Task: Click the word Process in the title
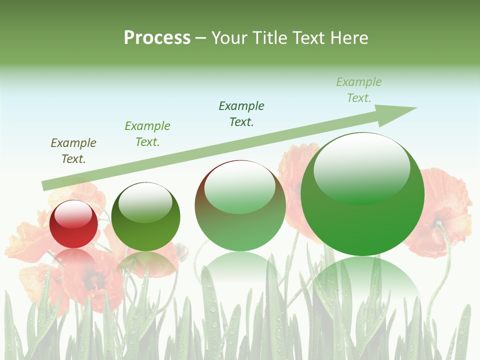click(157, 38)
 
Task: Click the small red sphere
click(74, 224)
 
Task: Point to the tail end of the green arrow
click(46, 185)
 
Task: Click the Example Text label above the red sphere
click(73, 151)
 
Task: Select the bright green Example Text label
click(147, 134)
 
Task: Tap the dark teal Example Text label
click(241, 114)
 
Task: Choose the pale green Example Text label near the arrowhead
click(359, 90)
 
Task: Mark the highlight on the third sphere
click(240, 186)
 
